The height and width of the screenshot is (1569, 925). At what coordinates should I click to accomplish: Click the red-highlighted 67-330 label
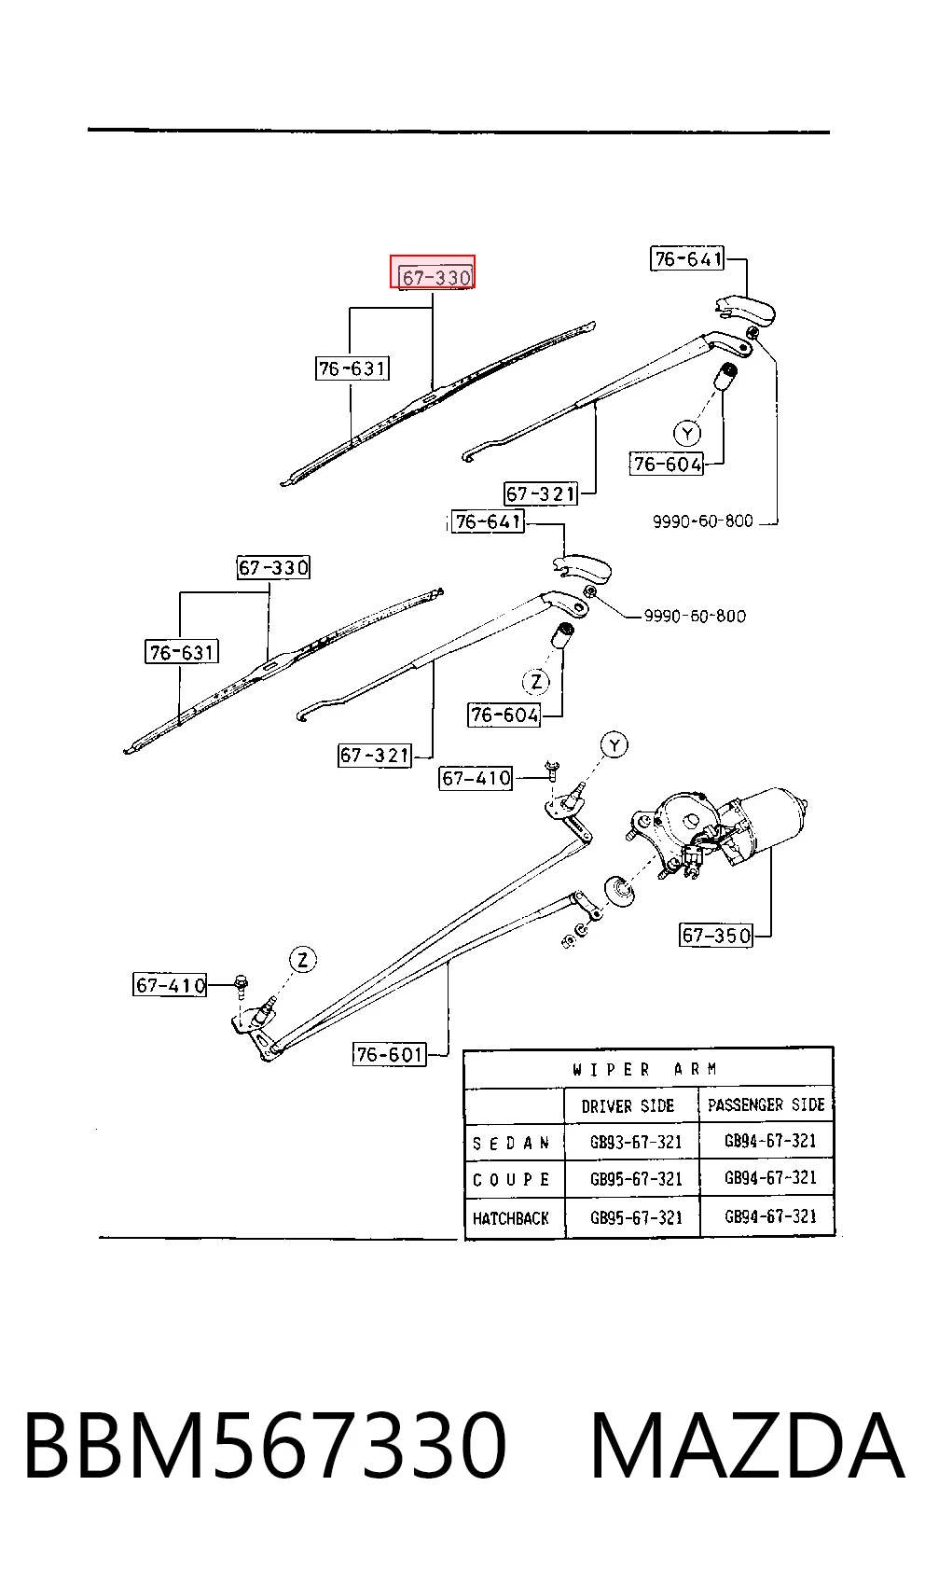pos(432,271)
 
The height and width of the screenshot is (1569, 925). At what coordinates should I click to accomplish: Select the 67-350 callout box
pos(715,935)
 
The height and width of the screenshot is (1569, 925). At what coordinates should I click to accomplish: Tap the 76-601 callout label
pos(390,1054)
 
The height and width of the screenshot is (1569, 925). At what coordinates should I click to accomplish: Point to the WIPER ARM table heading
pos(645,1070)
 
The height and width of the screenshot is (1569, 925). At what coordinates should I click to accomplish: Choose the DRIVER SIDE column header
pos(628,1106)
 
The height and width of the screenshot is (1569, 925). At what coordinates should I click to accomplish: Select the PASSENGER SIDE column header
pos(766,1104)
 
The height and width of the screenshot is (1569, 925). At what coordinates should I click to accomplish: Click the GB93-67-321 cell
pos(636,1143)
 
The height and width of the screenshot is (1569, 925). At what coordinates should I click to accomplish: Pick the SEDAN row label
pos(511,1144)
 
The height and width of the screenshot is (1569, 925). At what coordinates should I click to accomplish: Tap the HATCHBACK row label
pos(510,1219)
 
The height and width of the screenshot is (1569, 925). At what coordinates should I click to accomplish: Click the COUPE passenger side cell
pos(770,1178)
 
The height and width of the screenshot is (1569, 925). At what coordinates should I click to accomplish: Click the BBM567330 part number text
pos(265,1447)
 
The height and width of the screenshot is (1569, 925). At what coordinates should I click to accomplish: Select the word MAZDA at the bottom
pos(747,1447)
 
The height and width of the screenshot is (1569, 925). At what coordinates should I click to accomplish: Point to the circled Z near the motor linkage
pos(302,960)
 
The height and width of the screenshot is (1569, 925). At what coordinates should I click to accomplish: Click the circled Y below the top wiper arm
pos(687,434)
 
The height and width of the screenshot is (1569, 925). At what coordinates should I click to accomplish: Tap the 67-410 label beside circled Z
pos(170,985)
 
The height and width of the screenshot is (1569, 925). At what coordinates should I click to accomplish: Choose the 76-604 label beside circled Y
pos(666,464)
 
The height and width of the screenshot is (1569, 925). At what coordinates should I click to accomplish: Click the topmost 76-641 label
pos(687,259)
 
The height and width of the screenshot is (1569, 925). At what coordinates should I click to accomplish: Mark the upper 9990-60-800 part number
pos(702,521)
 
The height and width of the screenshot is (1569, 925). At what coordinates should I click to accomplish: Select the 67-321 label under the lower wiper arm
pos(375,755)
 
